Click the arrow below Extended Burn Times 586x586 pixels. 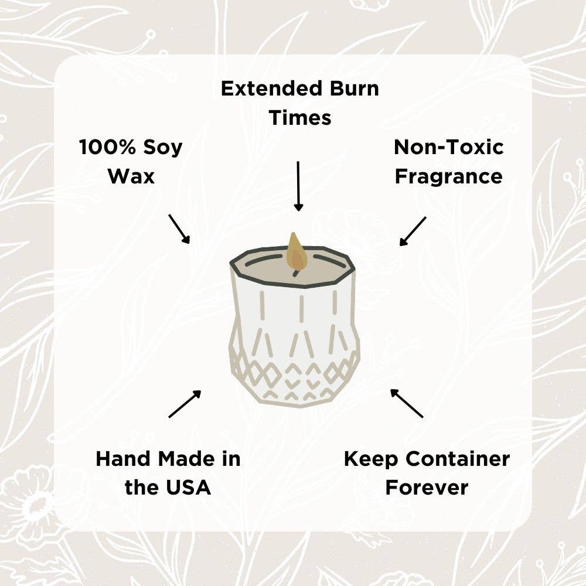[298, 186]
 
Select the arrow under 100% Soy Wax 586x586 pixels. [179, 229]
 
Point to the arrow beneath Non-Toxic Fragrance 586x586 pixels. [413, 231]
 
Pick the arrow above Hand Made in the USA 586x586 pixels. [185, 404]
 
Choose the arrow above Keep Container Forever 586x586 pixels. [407, 403]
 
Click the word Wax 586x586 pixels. [131, 176]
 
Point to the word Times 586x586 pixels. [300, 118]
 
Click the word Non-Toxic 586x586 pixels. [448, 147]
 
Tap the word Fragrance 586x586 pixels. [448, 176]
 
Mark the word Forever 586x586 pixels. [427, 488]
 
